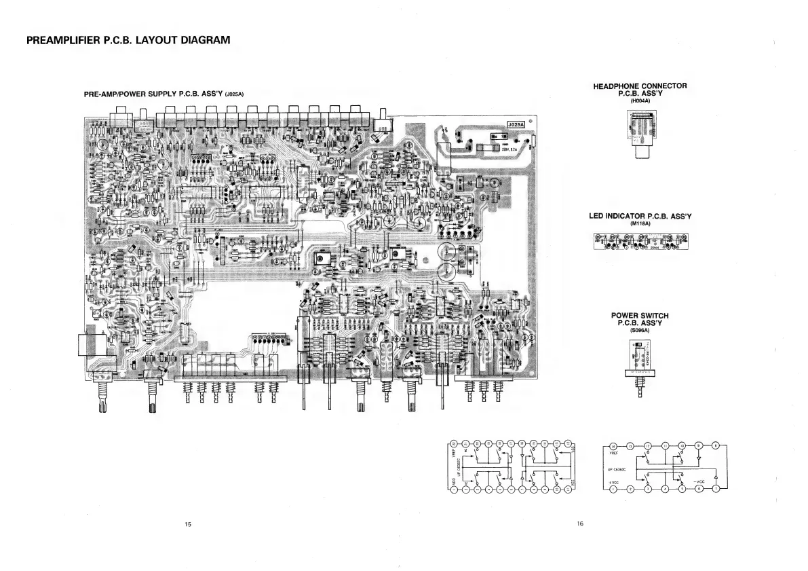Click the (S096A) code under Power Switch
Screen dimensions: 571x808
[x=640, y=331]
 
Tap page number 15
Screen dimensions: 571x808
[x=188, y=524]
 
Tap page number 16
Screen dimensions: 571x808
[x=580, y=523]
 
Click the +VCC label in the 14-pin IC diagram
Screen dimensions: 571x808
[x=614, y=481]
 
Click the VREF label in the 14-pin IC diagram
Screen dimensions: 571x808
[x=614, y=454]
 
